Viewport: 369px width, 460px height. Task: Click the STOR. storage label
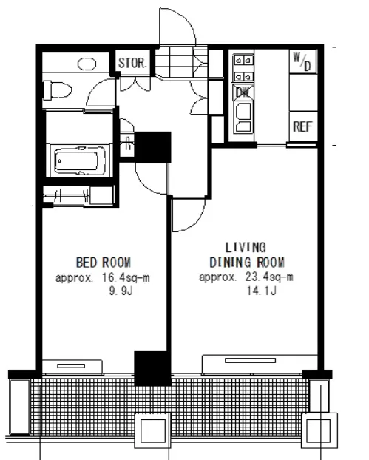(132, 63)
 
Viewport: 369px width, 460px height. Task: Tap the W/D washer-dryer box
(303, 61)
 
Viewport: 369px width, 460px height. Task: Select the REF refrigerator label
(302, 126)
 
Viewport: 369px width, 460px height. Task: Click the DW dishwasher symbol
(243, 92)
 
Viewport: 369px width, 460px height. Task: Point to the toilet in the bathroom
(57, 90)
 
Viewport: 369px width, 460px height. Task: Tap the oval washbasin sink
(87, 64)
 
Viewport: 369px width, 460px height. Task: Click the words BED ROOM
(104, 263)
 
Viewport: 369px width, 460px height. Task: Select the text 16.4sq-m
(126, 277)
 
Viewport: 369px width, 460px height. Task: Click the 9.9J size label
(121, 291)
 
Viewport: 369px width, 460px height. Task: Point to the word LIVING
(246, 247)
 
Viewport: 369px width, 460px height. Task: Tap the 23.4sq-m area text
(269, 277)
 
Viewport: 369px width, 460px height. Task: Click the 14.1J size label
(261, 291)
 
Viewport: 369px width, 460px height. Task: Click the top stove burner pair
(243, 61)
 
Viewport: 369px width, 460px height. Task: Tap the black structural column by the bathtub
(152, 147)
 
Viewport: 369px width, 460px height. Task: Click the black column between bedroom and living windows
(152, 368)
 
